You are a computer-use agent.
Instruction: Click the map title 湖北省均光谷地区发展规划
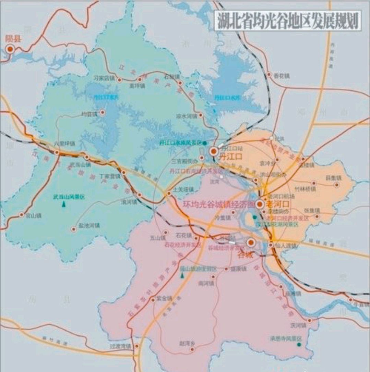[287, 22]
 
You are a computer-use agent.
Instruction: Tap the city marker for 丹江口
[214, 151]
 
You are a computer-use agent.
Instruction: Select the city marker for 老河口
[260, 204]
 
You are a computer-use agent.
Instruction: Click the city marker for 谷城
[250, 243]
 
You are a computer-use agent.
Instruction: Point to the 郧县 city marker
[10, 49]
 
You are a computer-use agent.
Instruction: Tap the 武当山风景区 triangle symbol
[64, 204]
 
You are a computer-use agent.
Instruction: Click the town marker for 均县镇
[102, 112]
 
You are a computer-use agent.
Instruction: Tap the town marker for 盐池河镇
[73, 229]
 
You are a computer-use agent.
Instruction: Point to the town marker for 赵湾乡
[192, 349]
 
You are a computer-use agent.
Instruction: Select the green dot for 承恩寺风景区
[299, 344]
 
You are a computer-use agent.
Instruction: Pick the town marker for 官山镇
[22, 215]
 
